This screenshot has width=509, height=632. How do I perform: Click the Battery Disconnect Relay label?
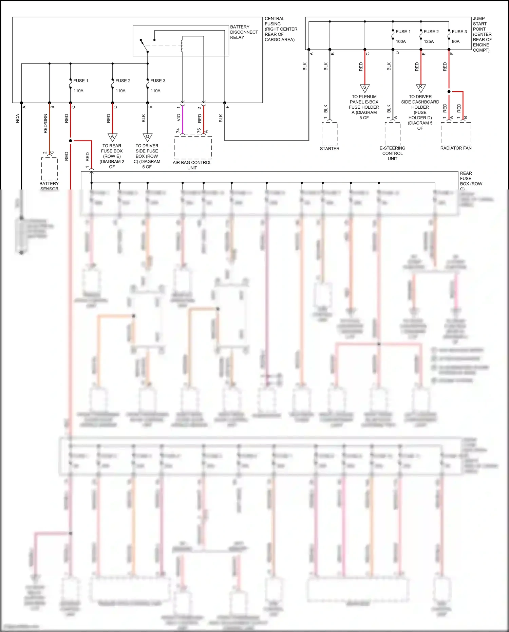244,32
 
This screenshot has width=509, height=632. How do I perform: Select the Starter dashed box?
329,134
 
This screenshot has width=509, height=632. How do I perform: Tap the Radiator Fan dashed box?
456,133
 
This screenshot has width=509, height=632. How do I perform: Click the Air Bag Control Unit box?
193,148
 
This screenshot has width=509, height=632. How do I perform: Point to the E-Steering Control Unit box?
393,133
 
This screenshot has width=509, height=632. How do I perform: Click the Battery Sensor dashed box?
50,168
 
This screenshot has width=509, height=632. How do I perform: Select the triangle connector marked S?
365,88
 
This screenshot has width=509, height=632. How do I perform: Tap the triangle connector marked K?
421,88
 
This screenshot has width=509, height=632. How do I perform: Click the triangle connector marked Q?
147,137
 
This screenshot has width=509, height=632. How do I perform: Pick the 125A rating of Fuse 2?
429,41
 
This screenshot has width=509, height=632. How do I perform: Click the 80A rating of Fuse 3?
456,41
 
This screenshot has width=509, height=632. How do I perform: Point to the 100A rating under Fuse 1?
401,41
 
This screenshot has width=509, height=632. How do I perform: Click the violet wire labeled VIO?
183,119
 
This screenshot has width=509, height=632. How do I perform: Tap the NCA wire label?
18,118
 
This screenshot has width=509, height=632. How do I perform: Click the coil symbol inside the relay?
182,46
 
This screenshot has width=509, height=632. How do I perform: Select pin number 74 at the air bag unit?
178,131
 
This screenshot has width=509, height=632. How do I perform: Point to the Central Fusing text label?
281,29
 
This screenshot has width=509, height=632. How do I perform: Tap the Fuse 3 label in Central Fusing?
158,81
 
